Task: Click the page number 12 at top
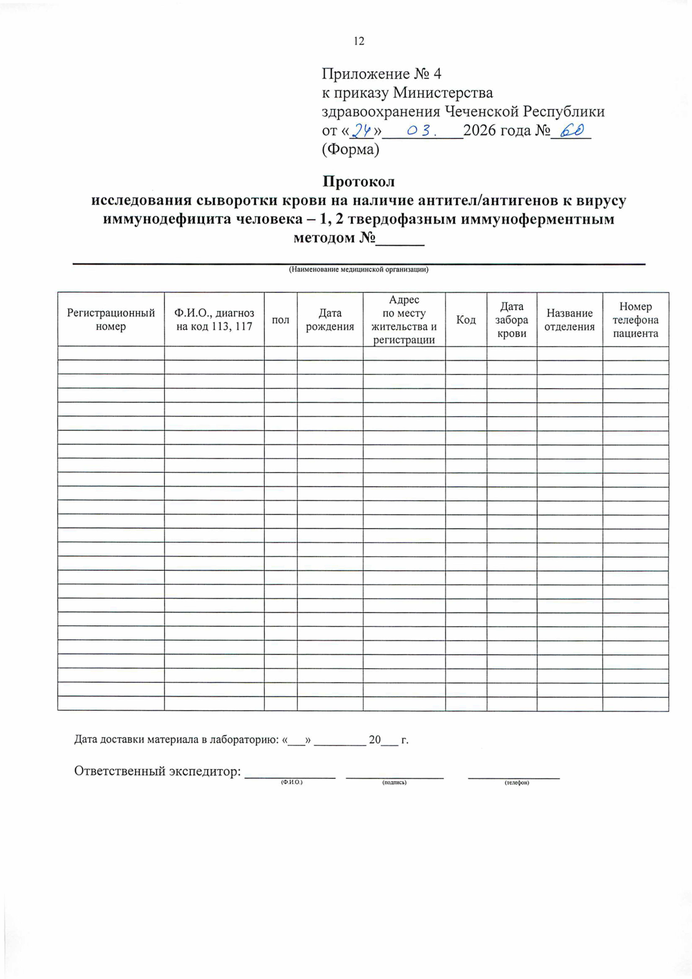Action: pos(359,41)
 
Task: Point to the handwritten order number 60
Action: pos(571,131)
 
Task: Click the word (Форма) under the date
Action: pos(351,150)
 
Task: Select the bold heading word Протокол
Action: pos(358,182)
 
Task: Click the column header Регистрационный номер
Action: pos(111,319)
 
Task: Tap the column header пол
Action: pos(280,320)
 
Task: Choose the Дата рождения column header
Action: pos(330,319)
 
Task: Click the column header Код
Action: pos(466,320)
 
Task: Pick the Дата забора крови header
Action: pos(512,320)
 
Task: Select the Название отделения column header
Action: pos(570,319)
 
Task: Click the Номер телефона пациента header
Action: pos(635,320)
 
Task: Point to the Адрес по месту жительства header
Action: pos(404,320)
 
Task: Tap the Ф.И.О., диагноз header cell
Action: pos(214,319)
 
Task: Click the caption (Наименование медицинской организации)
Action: pos(358,269)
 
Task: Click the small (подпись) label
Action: pos(394,782)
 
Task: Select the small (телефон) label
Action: pos(517,782)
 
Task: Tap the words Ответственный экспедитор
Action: pos(157,771)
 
